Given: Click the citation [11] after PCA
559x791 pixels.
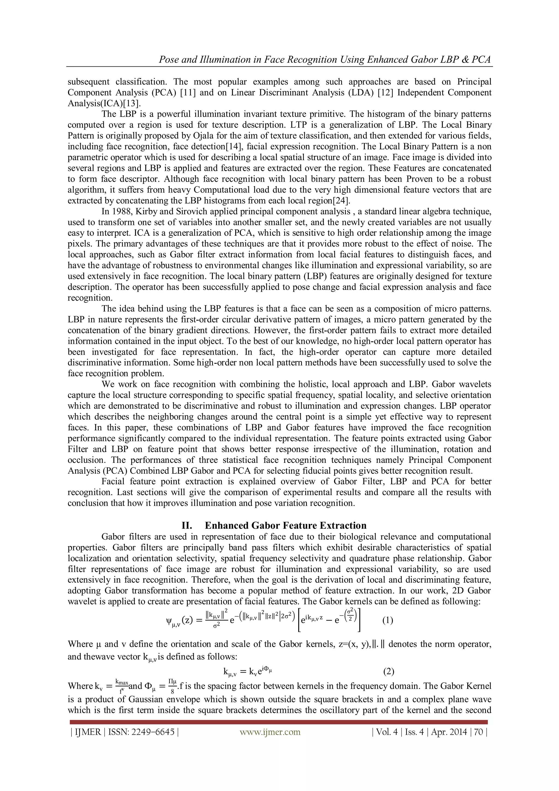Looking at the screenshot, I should point(188,93).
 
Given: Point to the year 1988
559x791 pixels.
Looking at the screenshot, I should point(120,212).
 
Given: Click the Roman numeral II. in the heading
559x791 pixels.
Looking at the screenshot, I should point(188,525).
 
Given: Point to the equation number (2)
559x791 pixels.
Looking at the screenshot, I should point(388,671).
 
